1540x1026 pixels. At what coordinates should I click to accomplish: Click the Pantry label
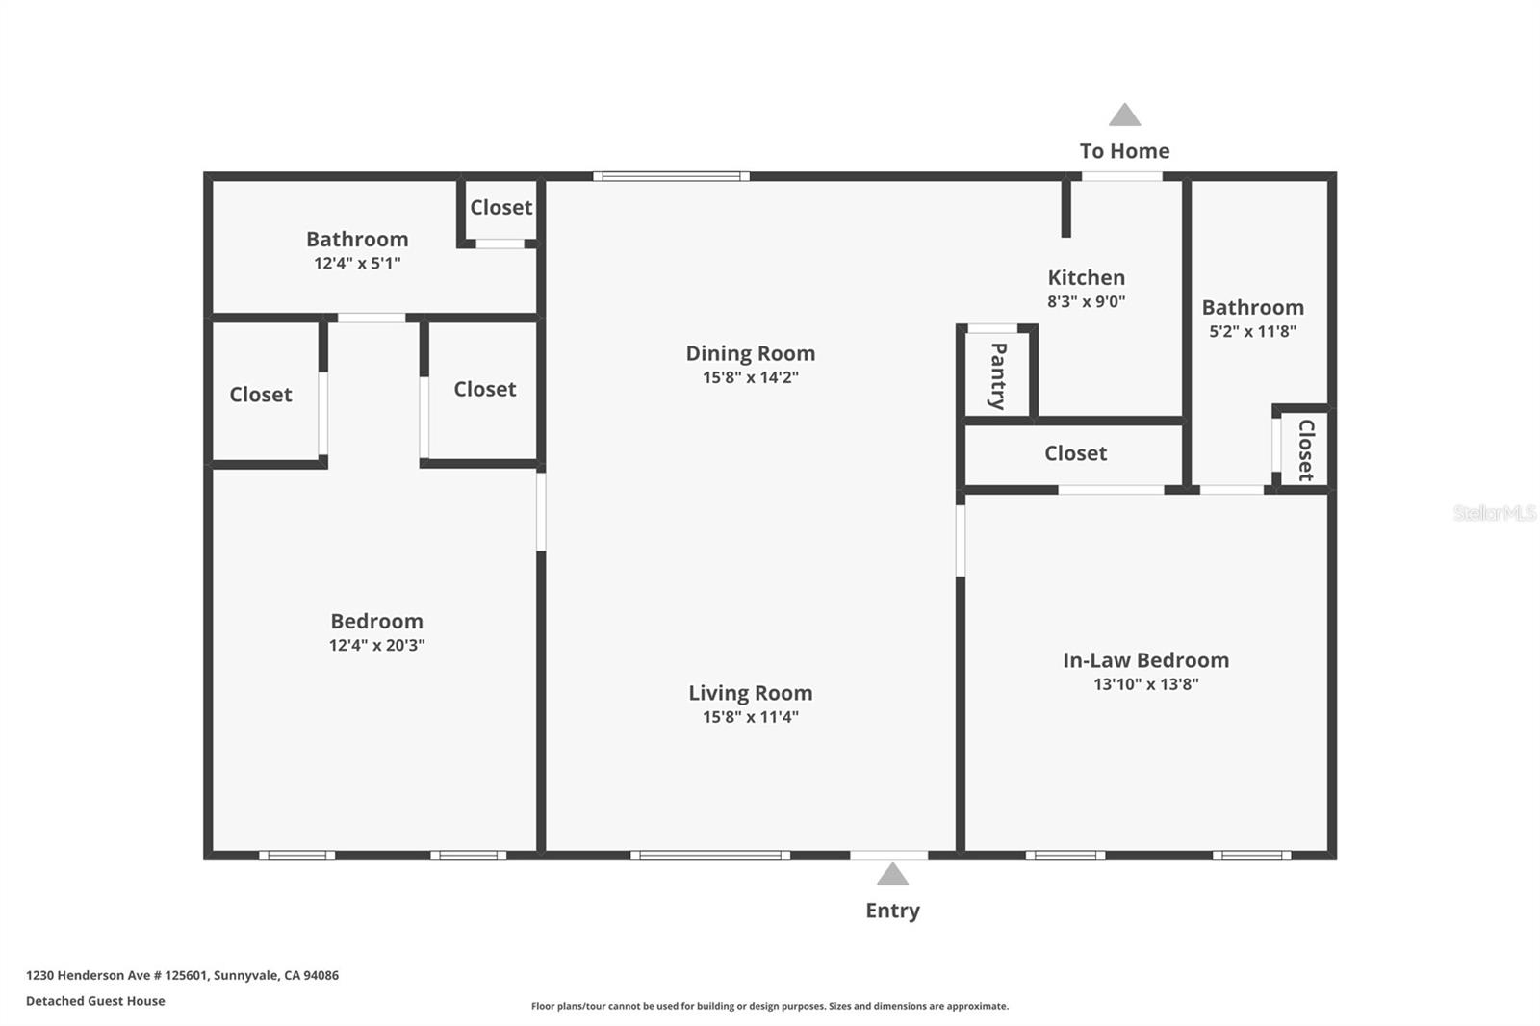pyautogui.click(x=998, y=376)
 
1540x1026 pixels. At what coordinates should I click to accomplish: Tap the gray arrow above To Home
pyautogui.click(x=1125, y=115)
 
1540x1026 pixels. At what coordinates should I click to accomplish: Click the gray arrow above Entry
pyautogui.click(x=892, y=874)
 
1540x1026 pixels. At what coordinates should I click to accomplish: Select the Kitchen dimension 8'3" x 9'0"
pyautogui.click(x=1087, y=301)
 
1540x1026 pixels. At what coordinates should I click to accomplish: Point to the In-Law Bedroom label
pyautogui.click(x=1146, y=660)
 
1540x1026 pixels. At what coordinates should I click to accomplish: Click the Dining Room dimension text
pyautogui.click(x=751, y=377)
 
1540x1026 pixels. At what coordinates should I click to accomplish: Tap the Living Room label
pyautogui.click(x=751, y=692)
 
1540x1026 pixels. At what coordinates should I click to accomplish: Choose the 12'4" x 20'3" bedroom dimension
pyautogui.click(x=376, y=645)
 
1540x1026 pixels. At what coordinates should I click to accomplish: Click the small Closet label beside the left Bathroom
pyautogui.click(x=501, y=207)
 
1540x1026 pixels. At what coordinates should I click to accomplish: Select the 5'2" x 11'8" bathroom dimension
pyautogui.click(x=1252, y=331)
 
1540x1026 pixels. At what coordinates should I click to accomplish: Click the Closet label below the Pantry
pyautogui.click(x=1076, y=453)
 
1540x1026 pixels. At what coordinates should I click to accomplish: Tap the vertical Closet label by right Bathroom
pyautogui.click(x=1306, y=450)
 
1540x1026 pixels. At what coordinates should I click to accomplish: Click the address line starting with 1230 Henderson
pyautogui.click(x=182, y=975)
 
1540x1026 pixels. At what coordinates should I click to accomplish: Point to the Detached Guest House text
pyautogui.click(x=95, y=1001)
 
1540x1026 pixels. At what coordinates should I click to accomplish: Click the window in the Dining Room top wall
pyautogui.click(x=672, y=177)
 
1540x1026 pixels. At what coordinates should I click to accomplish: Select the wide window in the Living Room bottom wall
pyautogui.click(x=710, y=856)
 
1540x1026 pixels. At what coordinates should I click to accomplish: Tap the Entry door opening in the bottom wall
pyautogui.click(x=889, y=856)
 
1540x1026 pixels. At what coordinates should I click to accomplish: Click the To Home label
pyautogui.click(x=1125, y=150)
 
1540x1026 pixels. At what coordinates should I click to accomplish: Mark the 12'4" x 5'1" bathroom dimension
pyautogui.click(x=357, y=264)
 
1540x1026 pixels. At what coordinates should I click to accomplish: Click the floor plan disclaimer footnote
pyautogui.click(x=770, y=1006)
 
